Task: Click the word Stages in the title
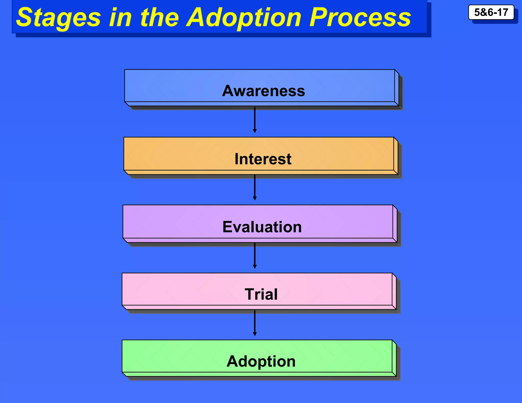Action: click(x=59, y=17)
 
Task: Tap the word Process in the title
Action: click(x=360, y=17)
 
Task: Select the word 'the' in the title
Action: click(x=160, y=17)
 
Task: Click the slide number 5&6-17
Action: click(x=491, y=12)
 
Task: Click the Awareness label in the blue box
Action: click(x=263, y=91)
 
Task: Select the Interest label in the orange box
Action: click(x=263, y=159)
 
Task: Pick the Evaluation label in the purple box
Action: click(x=262, y=227)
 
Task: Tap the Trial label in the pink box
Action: click(x=261, y=294)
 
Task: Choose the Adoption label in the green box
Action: click(x=261, y=361)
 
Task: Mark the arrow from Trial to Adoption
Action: click(x=255, y=323)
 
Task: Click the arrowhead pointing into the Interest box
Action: click(x=255, y=131)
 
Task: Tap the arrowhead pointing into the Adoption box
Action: click(x=255, y=334)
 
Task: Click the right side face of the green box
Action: click(x=394, y=358)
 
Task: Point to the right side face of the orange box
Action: click(x=396, y=156)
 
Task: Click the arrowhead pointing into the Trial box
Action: click(x=255, y=267)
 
